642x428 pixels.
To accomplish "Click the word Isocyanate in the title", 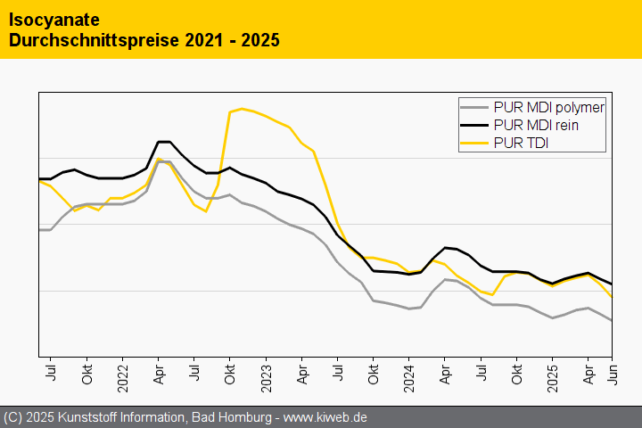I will (x=53, y=20).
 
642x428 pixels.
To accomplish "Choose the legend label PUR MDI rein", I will (x=536, y=126).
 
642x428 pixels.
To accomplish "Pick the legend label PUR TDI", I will (x=520, y=144).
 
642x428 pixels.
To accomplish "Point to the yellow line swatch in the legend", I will (x=473, y=144).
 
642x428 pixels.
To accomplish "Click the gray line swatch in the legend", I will (x=473, y=108).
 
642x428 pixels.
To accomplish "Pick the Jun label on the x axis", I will (x=613, y=373).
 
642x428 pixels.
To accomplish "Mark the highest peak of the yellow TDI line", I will (x=242, y=109).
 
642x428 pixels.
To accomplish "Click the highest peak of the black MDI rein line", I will (x=164, y=142).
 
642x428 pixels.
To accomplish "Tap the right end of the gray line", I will (x=612, y=321).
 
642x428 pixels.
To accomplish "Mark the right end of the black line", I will (x=612, y=284).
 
